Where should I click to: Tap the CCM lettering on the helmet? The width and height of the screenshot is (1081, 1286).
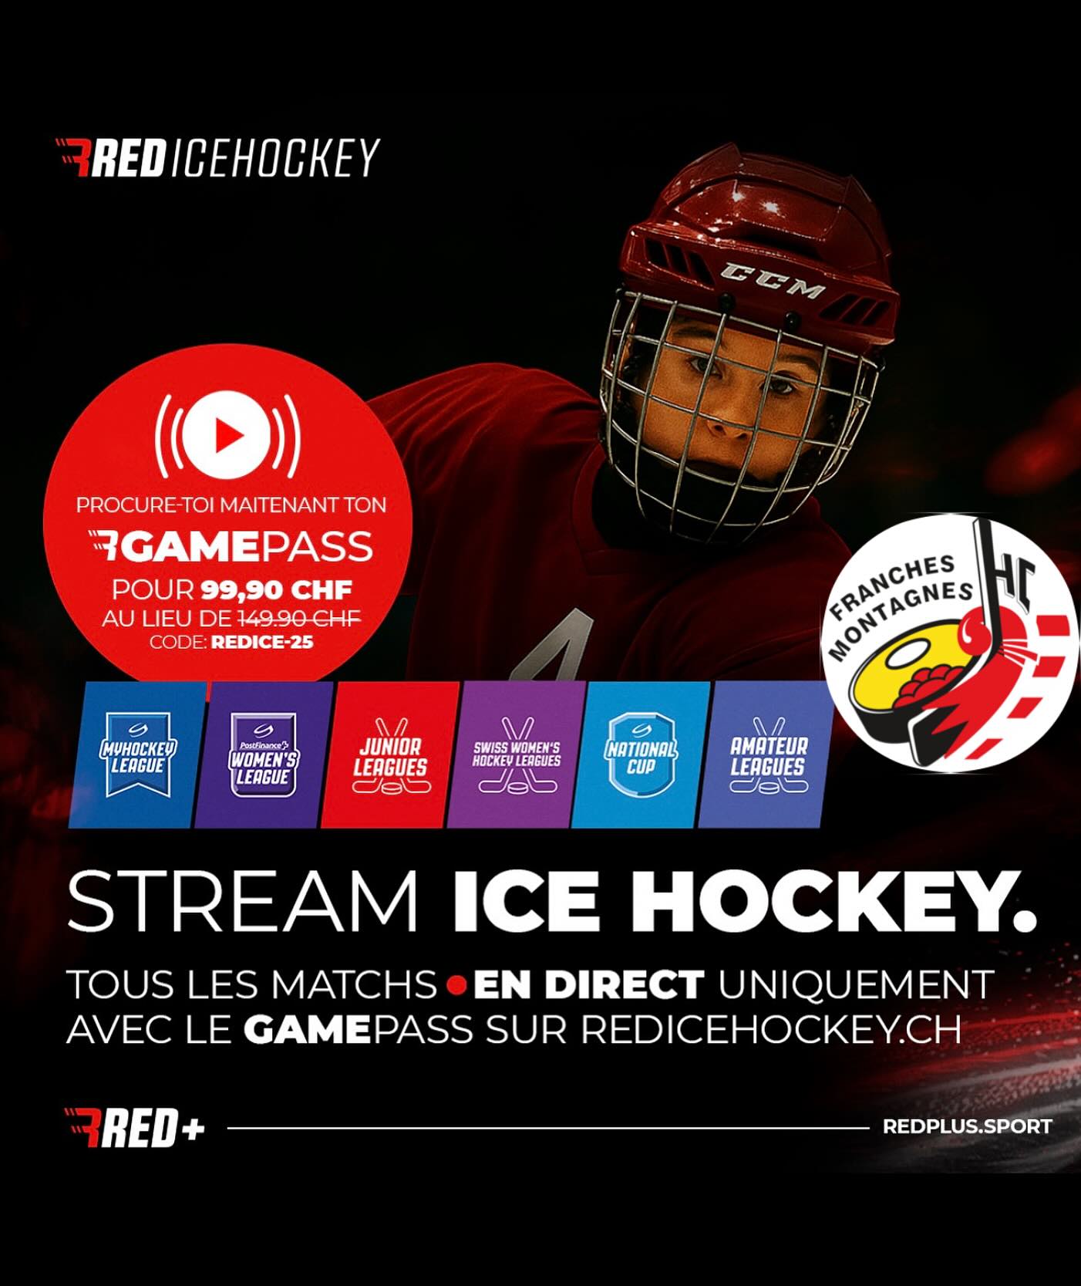pyautogui.click(x=772, y=282)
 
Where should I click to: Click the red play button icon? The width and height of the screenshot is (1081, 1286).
pyautogui.click(x=227, y=435)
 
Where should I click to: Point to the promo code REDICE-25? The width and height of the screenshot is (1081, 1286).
pyautogui.click(x=262, y=642)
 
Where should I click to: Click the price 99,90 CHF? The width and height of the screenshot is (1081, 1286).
pyautogui.click(x=277, y=591)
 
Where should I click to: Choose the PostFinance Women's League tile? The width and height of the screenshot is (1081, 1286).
pyautogui.click(x=264, y=755)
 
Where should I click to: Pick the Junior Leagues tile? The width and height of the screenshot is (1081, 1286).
pyautogui.click(x=389, y=755)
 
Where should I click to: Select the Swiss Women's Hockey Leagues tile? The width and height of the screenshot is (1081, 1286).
pyautogui.click(x=516, y=755)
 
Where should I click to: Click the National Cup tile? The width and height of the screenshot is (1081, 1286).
pyautogui.click(x=642, y=755)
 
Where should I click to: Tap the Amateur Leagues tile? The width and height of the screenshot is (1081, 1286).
pyautogui.click(x=767, y=755)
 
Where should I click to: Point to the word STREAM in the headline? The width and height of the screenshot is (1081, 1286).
pyautogui.click(x=243, y=901)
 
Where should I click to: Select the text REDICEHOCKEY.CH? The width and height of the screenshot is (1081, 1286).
pyautogui.click(x=771, y=1029)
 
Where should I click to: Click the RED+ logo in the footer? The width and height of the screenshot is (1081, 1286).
pyautogui.click(x=135, y=1129)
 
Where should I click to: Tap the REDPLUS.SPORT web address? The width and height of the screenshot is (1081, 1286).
pyautogui.click(x=967, y=1127)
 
